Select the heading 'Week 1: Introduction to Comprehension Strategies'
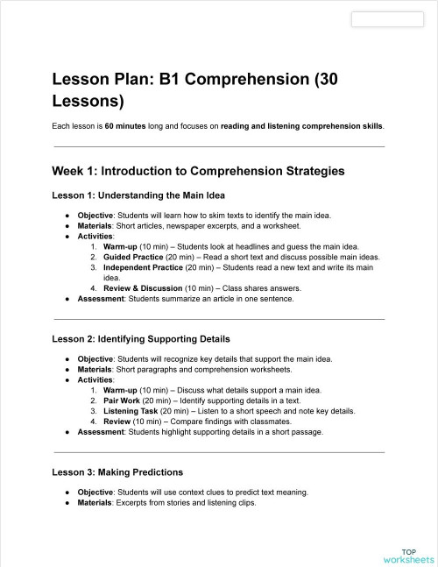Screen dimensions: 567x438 (198, 170)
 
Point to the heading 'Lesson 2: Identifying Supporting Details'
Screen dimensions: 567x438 (141, 338)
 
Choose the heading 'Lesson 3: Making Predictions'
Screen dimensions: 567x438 (117, 471)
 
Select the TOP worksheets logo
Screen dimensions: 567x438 (408, 555)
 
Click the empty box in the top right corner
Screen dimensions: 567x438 (386, 19)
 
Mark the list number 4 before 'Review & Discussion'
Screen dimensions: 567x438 (93, 288)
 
